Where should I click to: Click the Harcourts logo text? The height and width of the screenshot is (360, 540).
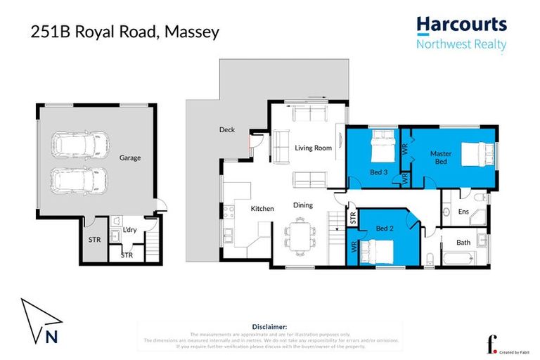pos(461,25)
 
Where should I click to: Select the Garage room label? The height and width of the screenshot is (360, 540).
pos(129,157)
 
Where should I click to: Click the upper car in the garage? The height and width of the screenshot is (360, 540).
pos(78,145)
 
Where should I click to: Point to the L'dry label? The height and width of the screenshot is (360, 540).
pos(129,230)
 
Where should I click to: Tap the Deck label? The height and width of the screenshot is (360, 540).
pos(226,130)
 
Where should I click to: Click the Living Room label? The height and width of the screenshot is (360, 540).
pos(313,148)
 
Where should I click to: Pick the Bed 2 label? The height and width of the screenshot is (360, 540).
pos(383,229)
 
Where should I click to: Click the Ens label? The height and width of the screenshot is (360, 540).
pos(463,211)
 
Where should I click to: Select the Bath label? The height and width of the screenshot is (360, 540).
pos(463,243)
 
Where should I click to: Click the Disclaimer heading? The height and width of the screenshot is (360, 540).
pos(269,327)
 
